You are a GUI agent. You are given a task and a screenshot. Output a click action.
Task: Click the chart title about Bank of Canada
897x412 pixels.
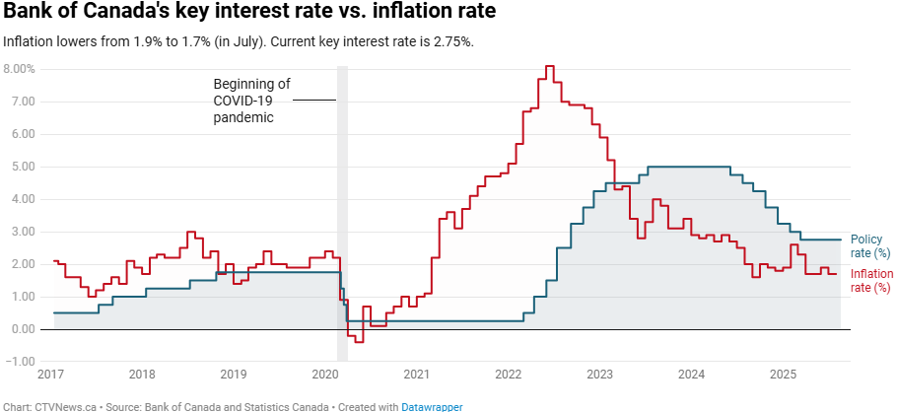249,13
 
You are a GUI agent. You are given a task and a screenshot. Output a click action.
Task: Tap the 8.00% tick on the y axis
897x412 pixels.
20,69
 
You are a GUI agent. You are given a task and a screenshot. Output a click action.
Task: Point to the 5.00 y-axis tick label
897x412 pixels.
24,167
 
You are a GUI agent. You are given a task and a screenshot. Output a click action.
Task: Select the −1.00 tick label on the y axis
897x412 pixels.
21,362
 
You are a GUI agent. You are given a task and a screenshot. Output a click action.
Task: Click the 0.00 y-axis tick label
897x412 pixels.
24,329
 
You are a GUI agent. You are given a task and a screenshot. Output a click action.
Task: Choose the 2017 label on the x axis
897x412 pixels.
50,375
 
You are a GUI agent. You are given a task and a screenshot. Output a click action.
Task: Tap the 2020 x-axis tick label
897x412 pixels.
324,375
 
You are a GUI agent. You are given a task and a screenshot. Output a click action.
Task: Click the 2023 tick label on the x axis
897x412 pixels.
599,375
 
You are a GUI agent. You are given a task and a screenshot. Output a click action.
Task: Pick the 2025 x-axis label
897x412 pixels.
783,375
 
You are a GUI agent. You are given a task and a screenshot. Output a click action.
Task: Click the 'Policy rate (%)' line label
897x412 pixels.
866,246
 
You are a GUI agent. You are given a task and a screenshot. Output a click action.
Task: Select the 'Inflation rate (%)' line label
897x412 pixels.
870,280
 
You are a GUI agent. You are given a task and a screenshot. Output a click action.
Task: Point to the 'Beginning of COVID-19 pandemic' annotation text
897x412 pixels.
251,101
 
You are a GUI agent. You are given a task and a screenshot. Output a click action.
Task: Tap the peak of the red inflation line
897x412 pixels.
549,67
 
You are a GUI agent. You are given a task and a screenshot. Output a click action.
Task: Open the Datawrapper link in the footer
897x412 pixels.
432,406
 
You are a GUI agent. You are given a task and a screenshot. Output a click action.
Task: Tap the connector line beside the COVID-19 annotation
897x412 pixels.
314,101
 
